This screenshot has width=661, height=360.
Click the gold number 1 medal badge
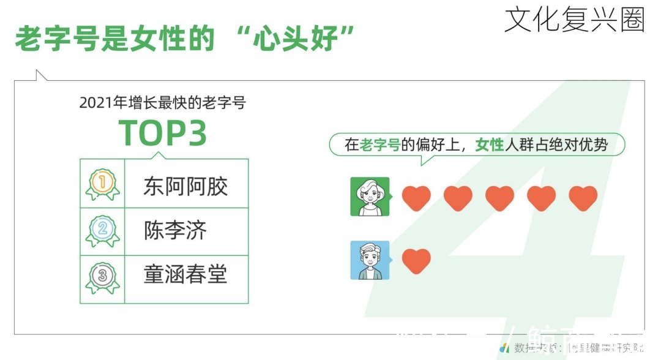(102, 183)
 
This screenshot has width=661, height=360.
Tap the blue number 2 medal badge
(102, 230)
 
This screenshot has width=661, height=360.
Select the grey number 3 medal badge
(102, 277)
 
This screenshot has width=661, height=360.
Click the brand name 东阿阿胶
(185, 186)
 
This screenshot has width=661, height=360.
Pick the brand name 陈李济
(175, 230)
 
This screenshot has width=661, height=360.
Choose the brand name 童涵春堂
(185, 274)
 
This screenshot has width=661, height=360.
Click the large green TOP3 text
(162, 132)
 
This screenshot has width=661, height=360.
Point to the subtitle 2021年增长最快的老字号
(162, 103)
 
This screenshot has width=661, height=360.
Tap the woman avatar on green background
(370, 197)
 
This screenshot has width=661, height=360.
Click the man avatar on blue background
(370, 260)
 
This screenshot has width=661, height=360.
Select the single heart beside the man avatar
(416, 261)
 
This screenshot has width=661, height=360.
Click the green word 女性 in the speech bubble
(489, 145)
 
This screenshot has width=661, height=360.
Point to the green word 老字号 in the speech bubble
(380, 145)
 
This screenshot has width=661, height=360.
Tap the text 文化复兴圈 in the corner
(574, 20)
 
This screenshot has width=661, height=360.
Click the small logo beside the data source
(504, 348)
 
